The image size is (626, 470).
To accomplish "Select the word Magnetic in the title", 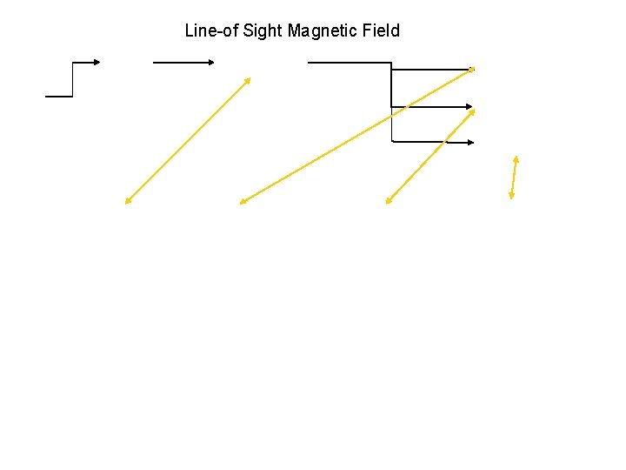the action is tap(323, 31).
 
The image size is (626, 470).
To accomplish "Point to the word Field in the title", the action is tap(381, 31).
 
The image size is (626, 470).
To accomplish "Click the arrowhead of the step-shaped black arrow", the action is tap(97, 62).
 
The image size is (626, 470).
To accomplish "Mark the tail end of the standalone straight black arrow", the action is tap(154, 63).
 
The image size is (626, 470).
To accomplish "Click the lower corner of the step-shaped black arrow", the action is tap(72, 96).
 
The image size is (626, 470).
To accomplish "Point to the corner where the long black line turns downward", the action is tap(391, 63).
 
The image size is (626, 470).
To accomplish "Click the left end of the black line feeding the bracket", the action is tap(309, 63).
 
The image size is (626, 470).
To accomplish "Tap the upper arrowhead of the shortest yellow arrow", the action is tap(516, 158).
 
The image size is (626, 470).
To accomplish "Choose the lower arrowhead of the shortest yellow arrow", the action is tap(512, 197).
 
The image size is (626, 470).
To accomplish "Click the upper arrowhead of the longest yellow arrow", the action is tap(472, 69).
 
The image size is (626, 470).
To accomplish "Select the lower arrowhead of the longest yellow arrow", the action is tap(243, 203).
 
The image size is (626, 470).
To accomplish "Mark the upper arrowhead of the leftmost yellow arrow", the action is tap(249, 80).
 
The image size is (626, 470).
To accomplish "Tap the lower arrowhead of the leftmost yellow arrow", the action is tap(127, 202).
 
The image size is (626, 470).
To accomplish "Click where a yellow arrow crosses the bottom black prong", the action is tap(444, 142).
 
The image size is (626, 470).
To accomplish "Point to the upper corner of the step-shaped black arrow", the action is tap(72, 63).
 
